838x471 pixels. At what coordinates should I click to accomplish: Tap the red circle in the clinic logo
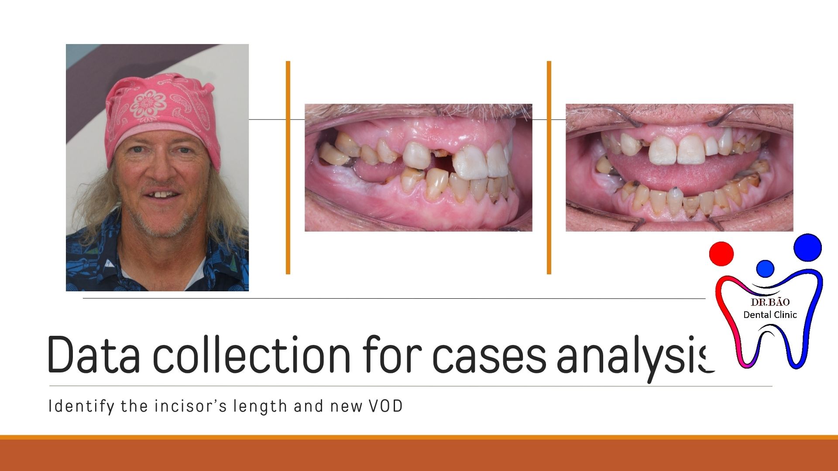pyautogui.click(x=721, y=253)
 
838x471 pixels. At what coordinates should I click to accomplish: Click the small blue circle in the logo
pyautogui.click(x=765, y=269)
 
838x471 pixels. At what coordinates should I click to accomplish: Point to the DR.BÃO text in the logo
pyautogui.click(x=770, y=302)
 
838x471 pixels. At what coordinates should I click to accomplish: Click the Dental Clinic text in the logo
pyautogui.click(x=770, y=314)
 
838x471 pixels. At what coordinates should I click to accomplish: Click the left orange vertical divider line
pyautogui.click(x=288, y=167)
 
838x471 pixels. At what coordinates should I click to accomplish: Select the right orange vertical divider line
pyautogui.click(x=549, y=167)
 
